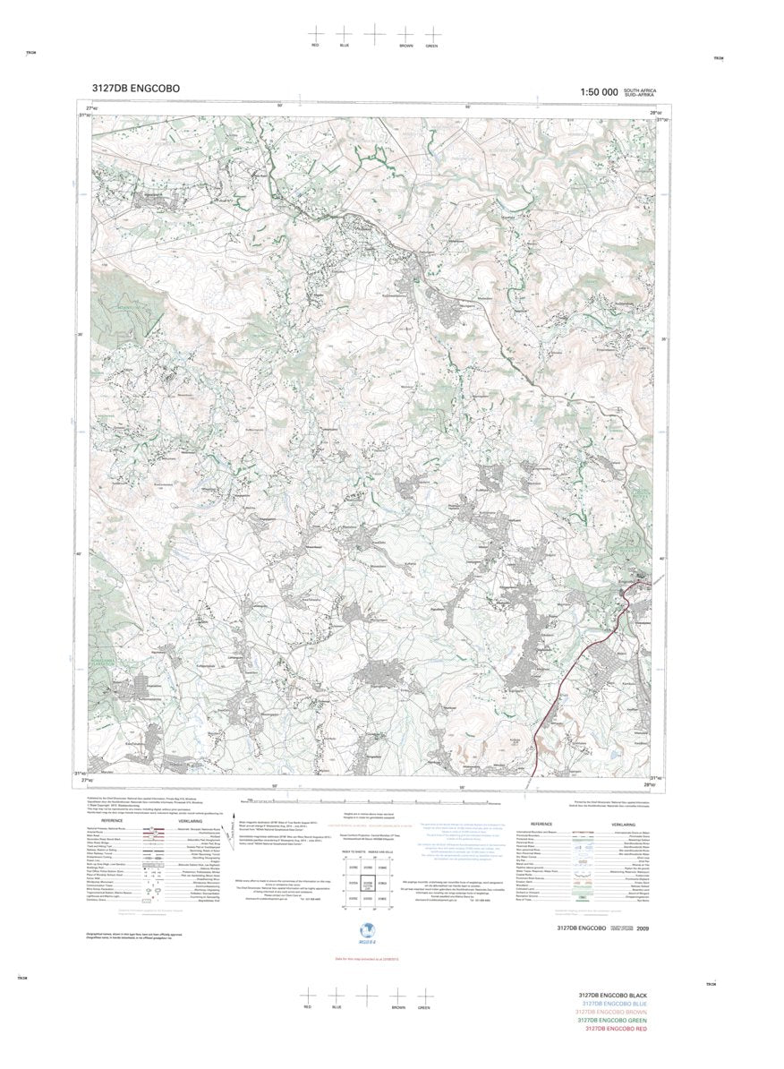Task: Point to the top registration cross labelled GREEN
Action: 432,33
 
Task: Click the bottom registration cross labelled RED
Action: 307,995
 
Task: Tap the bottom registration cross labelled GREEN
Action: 425,995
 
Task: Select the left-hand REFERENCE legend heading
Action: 112,820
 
